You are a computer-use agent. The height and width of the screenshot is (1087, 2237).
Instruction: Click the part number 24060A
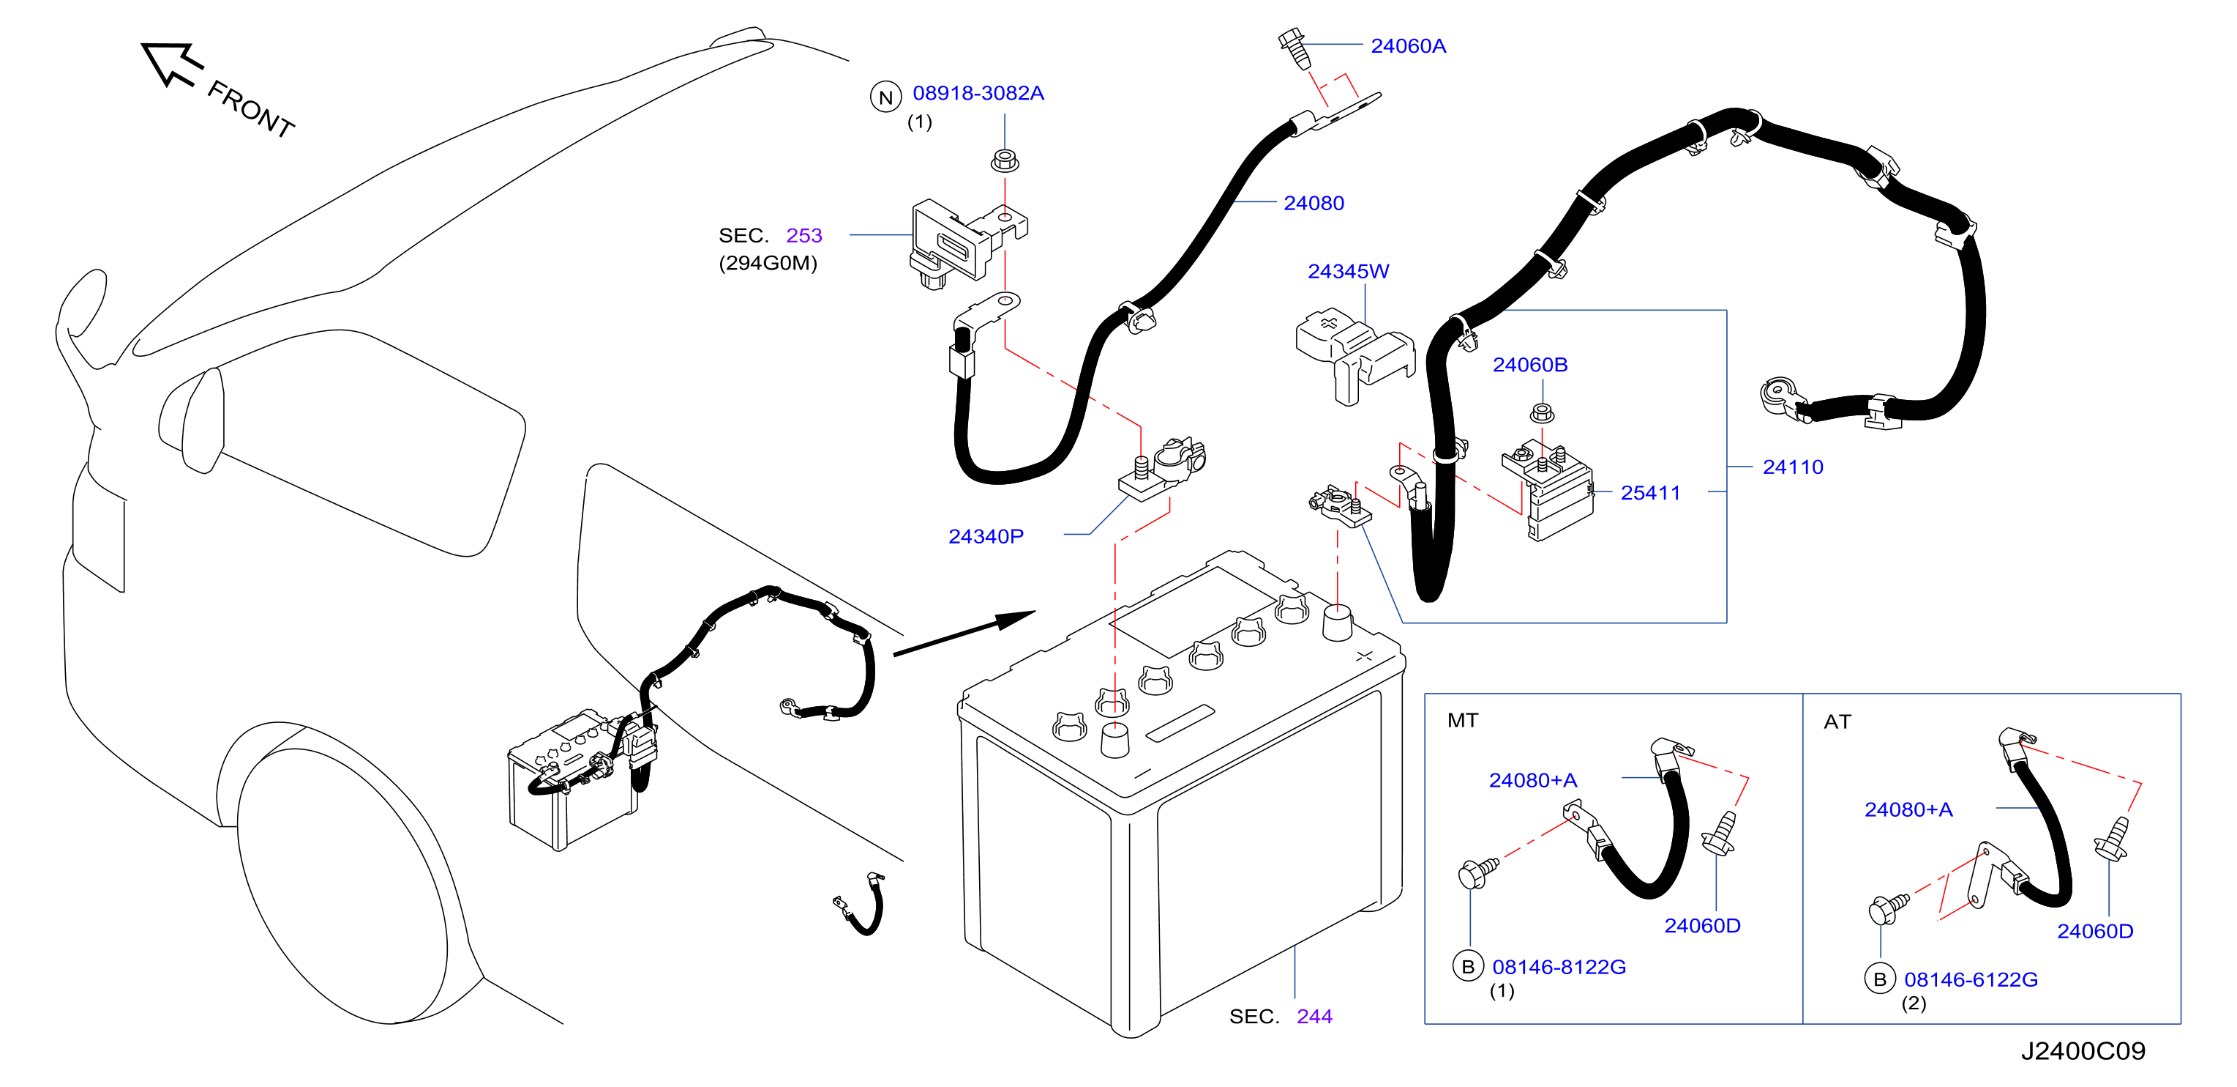pos(1408,46)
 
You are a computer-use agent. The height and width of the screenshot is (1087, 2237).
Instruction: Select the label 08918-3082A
pos(978,93)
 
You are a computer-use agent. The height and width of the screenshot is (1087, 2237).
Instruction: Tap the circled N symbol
pos(885,97)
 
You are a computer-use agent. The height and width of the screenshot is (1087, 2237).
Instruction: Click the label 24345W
pos(1348,271)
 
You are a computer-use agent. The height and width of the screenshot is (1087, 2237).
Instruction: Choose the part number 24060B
pos(1529,365)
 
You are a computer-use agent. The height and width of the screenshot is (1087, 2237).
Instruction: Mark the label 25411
pos(1650,493)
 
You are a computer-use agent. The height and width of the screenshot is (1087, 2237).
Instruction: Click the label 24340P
pos(986,537)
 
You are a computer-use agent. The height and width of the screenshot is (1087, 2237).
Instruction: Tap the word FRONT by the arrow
pos(251,109)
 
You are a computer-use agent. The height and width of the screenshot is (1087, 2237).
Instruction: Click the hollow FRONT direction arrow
pos(171,64)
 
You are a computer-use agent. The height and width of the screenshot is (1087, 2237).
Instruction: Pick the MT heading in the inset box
pos(1462,720)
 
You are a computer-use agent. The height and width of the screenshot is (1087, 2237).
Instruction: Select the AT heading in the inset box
pos(1837,722)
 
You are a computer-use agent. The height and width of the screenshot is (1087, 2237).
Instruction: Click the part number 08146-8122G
pos(1559,967)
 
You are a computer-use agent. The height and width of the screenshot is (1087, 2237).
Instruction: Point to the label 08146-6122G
pos(1971,980)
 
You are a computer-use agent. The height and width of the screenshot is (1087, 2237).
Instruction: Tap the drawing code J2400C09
pos(2083,1051)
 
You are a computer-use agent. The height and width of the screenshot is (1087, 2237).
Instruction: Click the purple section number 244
pos(1314,1017)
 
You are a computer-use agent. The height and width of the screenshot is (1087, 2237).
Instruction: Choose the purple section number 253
pos(803,235)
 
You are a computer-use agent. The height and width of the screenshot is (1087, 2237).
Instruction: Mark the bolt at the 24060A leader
pos(1294,50)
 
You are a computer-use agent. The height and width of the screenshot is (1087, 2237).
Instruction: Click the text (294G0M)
pos(768,263)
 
